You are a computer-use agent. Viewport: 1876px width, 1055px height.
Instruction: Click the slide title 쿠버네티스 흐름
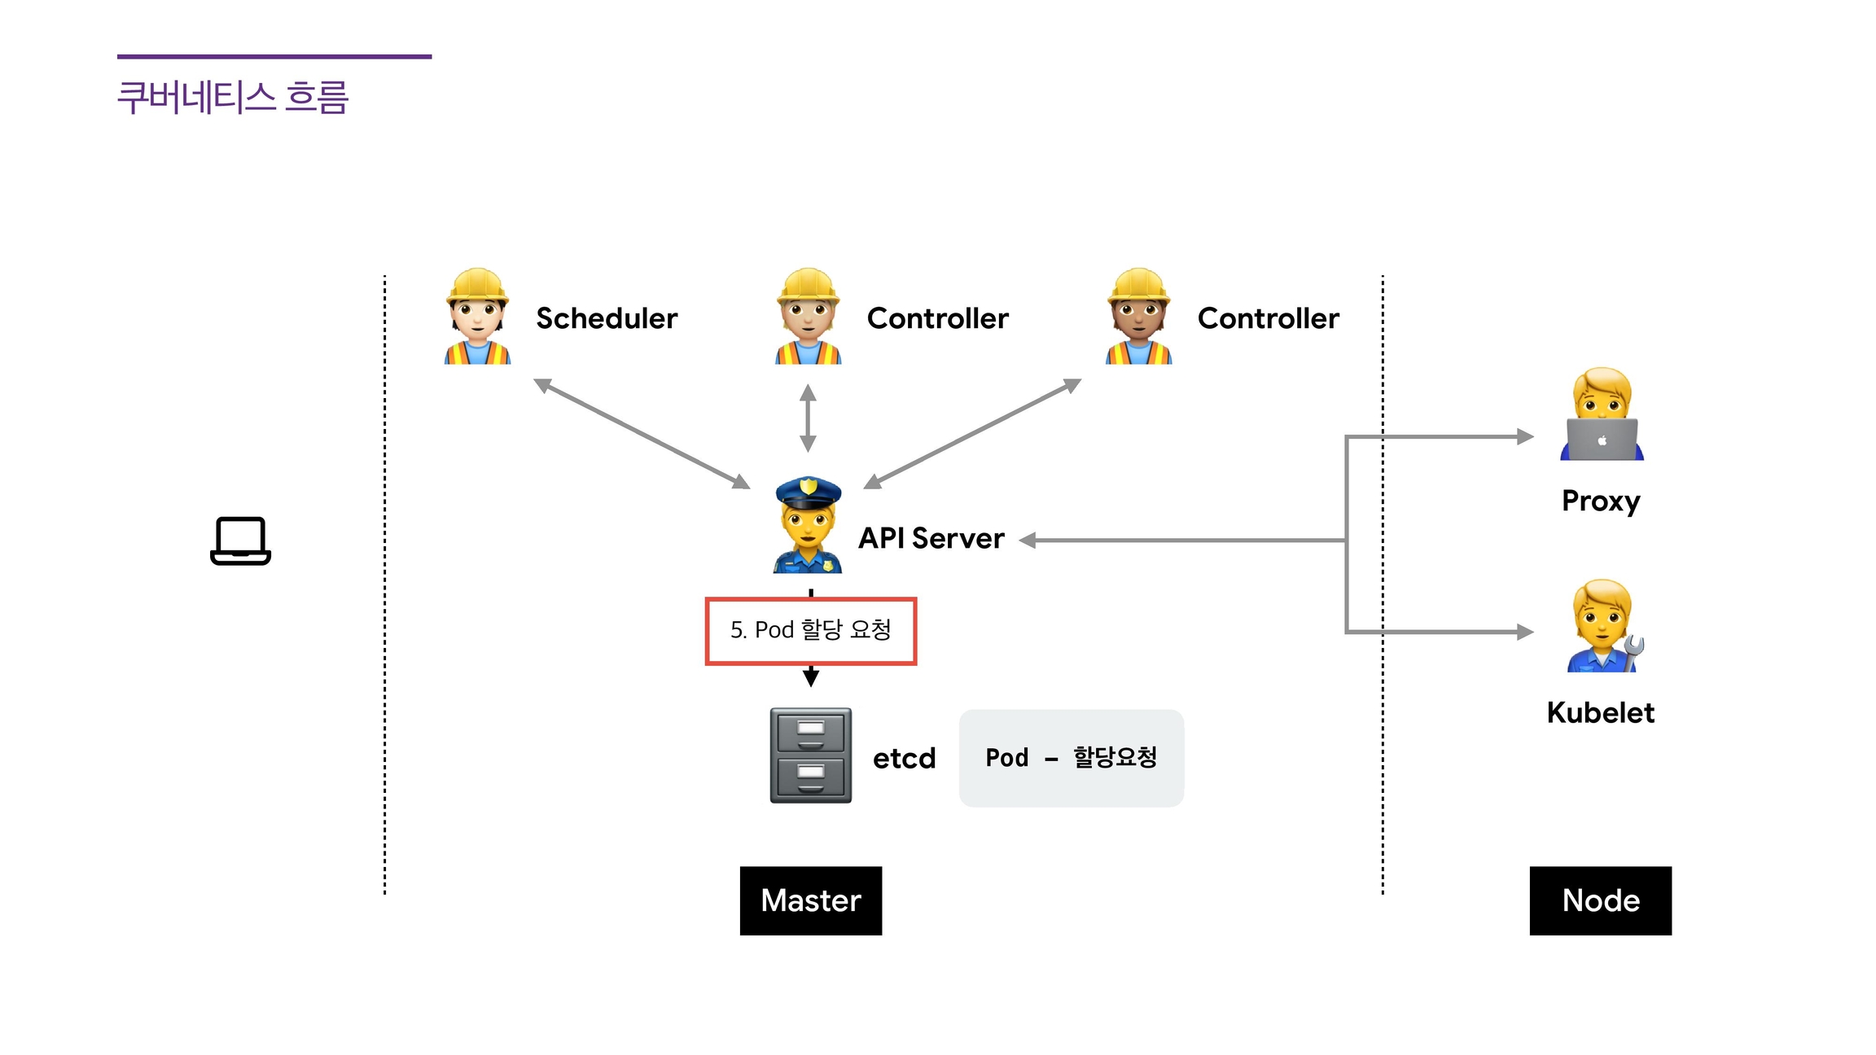[233, 97]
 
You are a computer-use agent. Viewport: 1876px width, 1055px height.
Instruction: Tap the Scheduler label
[607, 318]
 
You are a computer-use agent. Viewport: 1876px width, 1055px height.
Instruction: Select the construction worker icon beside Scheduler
[477, 317]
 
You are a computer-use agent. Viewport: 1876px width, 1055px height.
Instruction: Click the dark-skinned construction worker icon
[1138, 317]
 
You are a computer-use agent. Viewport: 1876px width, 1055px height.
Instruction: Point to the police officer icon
[807, 525]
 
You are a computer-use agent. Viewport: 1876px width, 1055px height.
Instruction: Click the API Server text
[931, 538]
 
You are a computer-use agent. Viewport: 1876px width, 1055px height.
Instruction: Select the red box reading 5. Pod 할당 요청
[811, 631]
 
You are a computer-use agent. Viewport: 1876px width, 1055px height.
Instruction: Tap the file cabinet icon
[811, 755]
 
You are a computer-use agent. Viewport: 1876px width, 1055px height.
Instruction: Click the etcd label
[904, 758]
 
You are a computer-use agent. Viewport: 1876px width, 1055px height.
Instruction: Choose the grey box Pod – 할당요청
[1071, 758]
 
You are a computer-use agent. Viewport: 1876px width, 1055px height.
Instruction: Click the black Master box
[811, 900]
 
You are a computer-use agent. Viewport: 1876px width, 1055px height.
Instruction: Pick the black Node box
[1600, 900]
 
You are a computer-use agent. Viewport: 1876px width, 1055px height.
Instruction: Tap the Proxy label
[1601, 501]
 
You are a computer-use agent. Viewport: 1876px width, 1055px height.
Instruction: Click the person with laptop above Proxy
[1602, 414]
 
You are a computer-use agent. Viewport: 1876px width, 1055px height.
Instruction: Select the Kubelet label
[1600, 712]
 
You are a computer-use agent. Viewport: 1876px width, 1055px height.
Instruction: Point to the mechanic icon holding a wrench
[1603, 626]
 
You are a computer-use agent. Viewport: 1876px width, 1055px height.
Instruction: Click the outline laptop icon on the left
[240, 541]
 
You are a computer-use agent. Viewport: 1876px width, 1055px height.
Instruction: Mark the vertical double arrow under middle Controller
[808, 418]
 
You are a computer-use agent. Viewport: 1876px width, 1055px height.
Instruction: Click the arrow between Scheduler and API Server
[642, 434]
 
